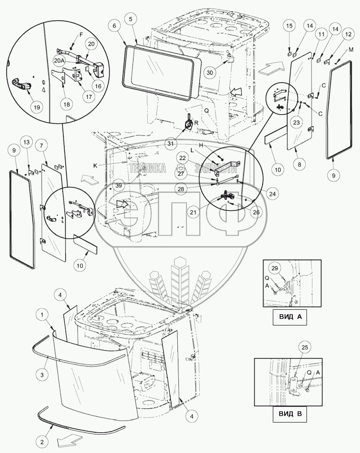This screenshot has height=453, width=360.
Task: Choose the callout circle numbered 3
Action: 42,374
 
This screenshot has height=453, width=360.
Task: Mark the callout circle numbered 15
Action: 289,26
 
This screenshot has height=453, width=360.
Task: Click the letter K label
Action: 96,166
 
